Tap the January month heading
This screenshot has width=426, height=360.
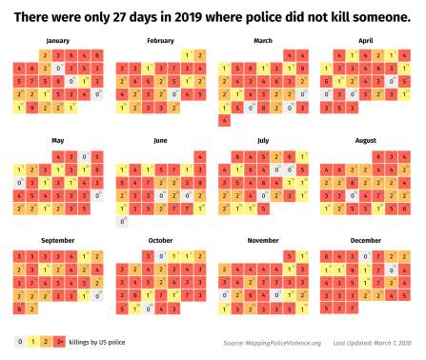[57, 41]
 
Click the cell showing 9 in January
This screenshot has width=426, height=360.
[32, 108]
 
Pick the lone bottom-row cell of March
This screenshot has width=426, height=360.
[225, 121]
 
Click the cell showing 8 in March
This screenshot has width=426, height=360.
[252, 108]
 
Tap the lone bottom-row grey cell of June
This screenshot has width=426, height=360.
[121, 221]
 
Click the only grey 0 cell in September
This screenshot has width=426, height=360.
[98, 295]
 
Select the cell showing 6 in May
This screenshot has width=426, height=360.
[98, 169]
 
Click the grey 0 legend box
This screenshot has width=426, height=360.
[20, 341]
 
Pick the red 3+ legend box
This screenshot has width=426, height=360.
[58, 341]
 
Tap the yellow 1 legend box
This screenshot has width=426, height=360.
[32, 341]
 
